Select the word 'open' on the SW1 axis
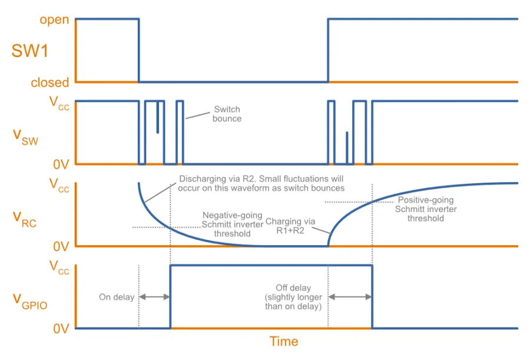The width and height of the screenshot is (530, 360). (54, 20)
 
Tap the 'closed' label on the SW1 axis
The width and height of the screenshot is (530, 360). (50, 82)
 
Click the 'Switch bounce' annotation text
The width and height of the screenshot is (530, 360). (227, 114)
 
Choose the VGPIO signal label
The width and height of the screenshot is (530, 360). (29, 299)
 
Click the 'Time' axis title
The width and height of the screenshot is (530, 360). (284, 342)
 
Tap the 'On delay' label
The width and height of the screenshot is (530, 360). (116, 298)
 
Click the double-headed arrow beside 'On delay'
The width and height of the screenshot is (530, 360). (154, 298)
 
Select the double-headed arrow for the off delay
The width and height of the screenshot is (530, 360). (350, 298)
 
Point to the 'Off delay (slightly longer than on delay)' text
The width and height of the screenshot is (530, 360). (293, 298)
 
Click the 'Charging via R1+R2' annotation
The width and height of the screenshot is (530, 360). (290, 226)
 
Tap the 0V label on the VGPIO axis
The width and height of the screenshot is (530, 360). (61, 329)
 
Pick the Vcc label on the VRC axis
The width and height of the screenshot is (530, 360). (59, 186)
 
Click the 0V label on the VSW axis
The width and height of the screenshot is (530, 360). (61, 163)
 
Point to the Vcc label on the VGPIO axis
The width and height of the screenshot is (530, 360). (59, 268)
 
